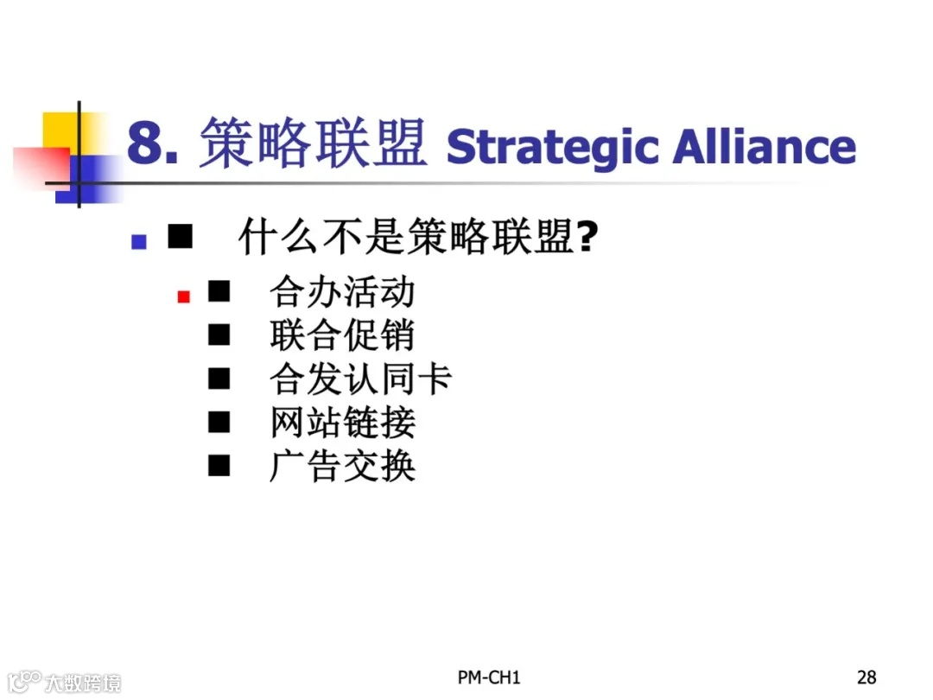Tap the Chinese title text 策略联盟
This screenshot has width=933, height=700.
coord(313,143)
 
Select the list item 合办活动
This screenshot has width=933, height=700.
coord(342,292)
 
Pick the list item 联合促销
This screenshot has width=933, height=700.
coord(342,335)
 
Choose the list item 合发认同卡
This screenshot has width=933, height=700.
coord(360,379)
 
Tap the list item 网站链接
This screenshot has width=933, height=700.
coord(342,423)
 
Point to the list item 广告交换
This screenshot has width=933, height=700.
coord(342,467)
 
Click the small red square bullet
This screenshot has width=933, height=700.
coord(183,297)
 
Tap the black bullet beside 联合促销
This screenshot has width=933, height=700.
coord(219,335)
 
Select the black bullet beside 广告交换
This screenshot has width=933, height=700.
coord(219,467)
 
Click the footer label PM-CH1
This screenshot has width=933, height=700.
coord(489,677)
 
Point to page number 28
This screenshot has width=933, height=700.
coord(866,677)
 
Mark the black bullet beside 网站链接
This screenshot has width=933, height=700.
coord(219,423)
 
